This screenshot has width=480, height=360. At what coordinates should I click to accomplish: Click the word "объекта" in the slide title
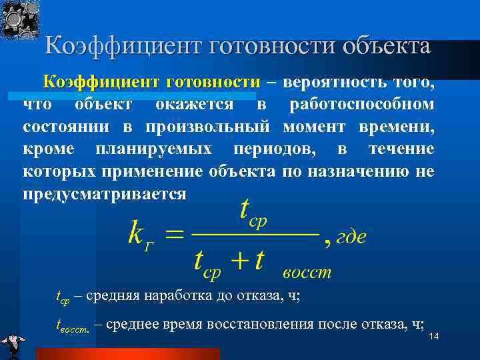(386, 47)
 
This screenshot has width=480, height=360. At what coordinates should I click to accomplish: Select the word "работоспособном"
(362, 105)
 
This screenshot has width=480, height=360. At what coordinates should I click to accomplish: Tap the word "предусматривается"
(105, 193)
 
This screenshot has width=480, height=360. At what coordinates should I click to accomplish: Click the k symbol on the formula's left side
(135, 236)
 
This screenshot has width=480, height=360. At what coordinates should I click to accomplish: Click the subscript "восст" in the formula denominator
(306, 273)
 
